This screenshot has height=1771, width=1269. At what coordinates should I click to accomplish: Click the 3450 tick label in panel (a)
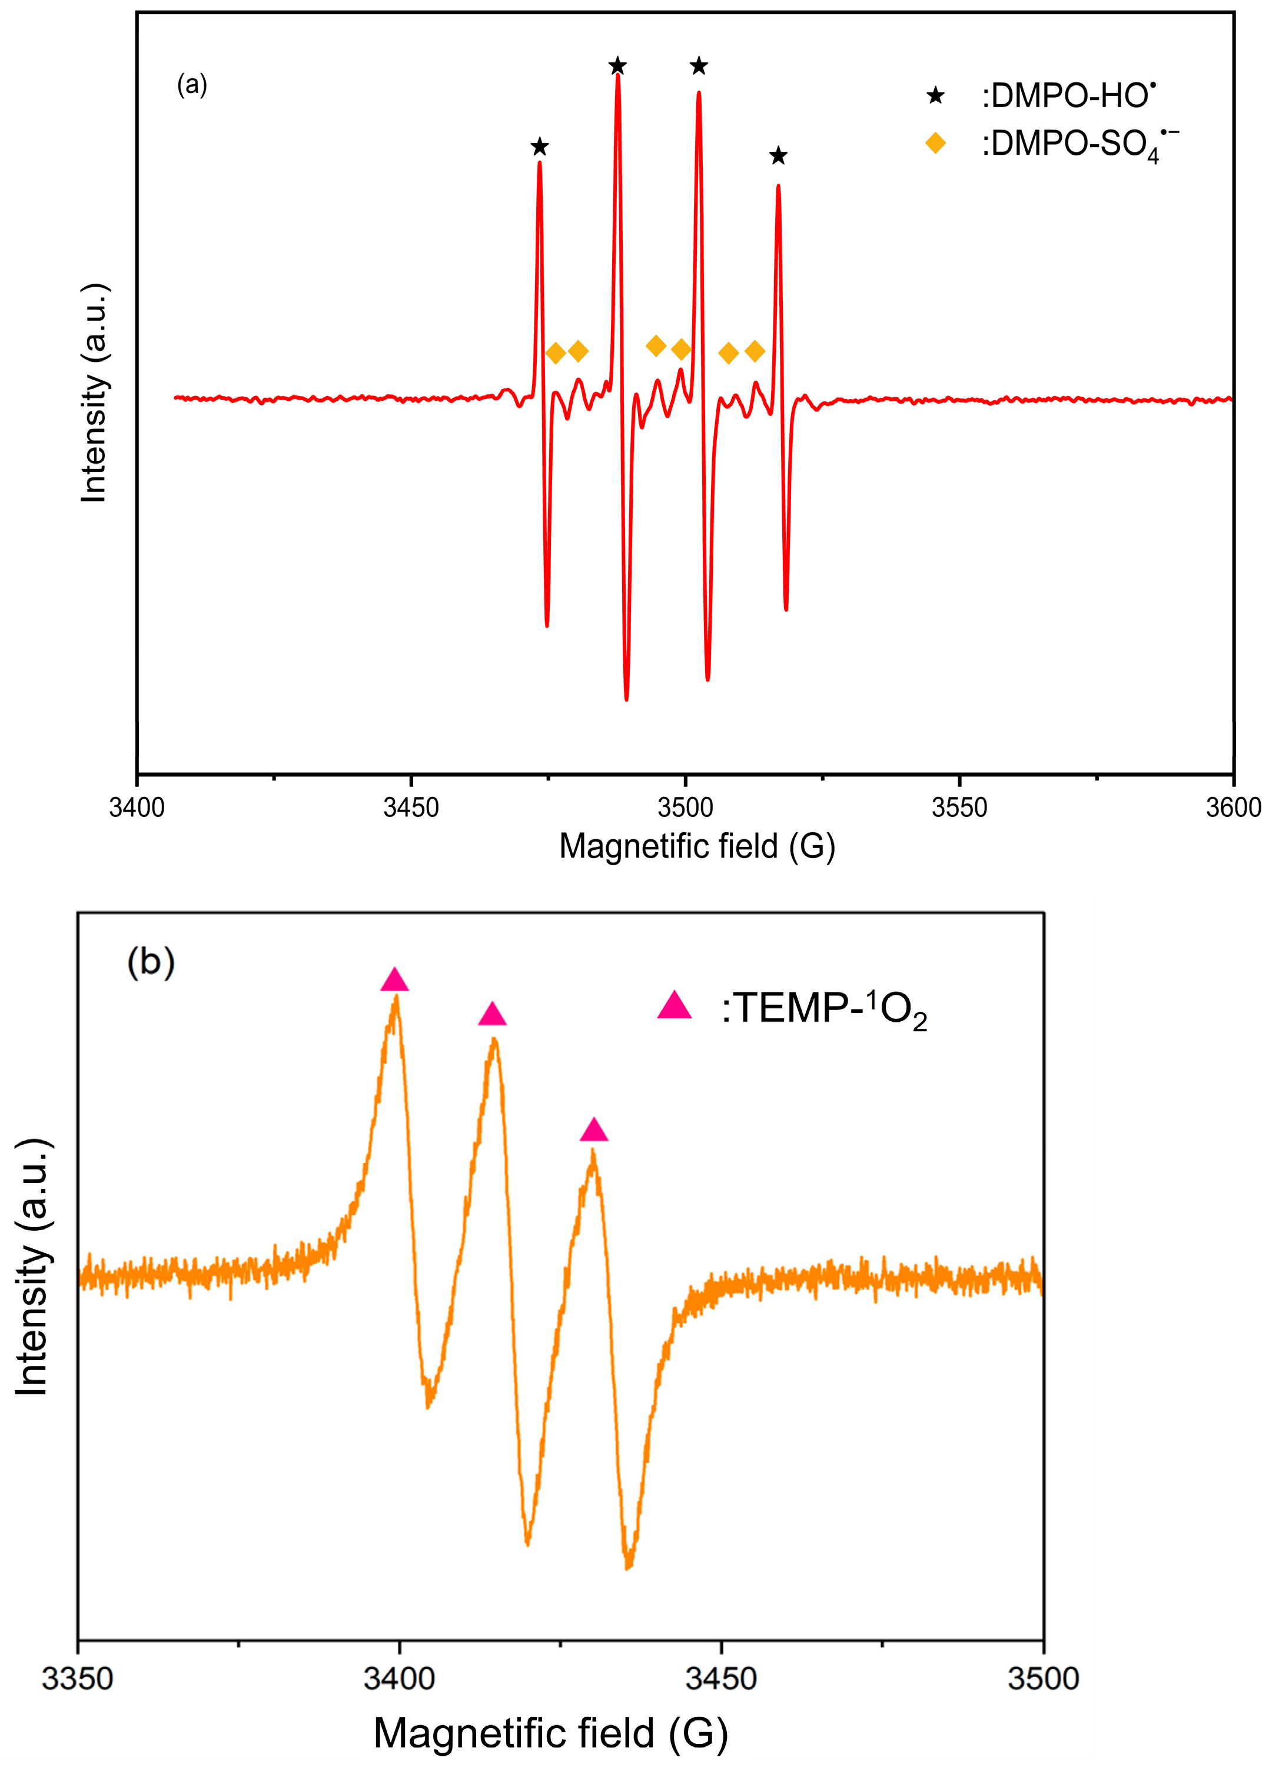[x=411, y=808]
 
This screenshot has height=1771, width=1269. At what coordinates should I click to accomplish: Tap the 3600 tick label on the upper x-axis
[x=1233, y=808]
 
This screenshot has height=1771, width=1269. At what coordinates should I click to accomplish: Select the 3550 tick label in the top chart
[x=959, y=808]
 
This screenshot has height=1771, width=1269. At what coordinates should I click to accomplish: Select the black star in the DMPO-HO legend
[x=935, y=96]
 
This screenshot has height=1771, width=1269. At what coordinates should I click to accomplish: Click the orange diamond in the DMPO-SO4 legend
[x=935, y=143]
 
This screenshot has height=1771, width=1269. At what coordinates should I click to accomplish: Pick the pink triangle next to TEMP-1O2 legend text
[x=674, y=1006]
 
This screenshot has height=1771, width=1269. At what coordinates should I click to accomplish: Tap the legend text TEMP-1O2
[x=824, y=1009]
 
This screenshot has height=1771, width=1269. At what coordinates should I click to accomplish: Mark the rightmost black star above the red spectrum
[x=778, y=156]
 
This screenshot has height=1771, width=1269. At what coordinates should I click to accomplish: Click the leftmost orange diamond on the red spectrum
[x=555, y=353]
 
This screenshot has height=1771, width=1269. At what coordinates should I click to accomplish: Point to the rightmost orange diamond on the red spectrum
[x=755, y=351]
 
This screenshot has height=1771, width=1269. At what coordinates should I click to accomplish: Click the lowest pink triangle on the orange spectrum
[x=593, y=1130]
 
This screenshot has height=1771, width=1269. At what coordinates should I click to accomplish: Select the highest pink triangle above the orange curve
[x=394, y=980]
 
